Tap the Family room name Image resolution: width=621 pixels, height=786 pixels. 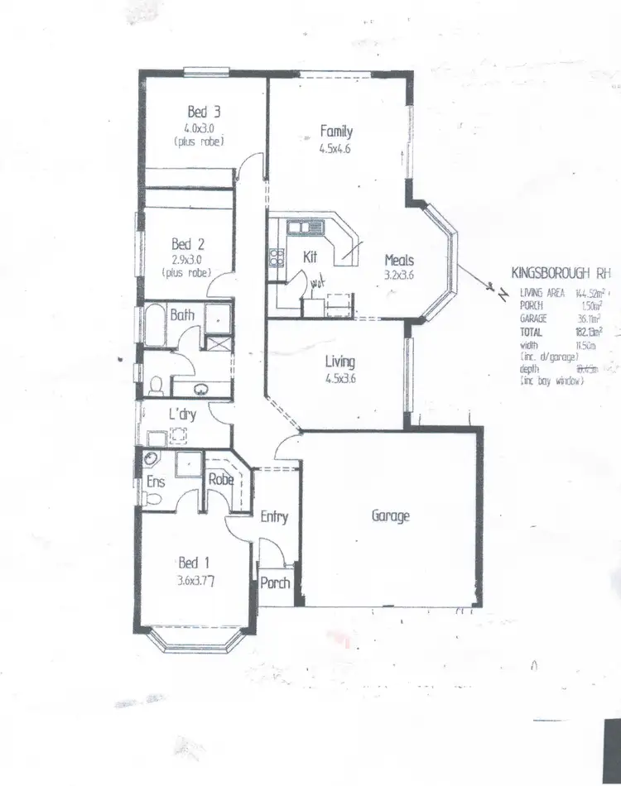point(337,131)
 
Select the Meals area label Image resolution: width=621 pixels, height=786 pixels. point(400,259)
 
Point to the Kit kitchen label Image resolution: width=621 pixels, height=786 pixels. point(310,256)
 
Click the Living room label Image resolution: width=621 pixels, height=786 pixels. point(339,362)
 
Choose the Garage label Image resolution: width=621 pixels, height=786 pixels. point(390,515)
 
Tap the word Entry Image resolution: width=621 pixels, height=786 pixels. point(274,517)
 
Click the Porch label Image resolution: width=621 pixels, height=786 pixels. point(276,582)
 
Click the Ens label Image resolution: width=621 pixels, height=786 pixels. point(156,481)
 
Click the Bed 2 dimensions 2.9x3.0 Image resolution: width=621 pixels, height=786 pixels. point(188,259)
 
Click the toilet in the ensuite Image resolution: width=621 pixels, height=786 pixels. point(152,499)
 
